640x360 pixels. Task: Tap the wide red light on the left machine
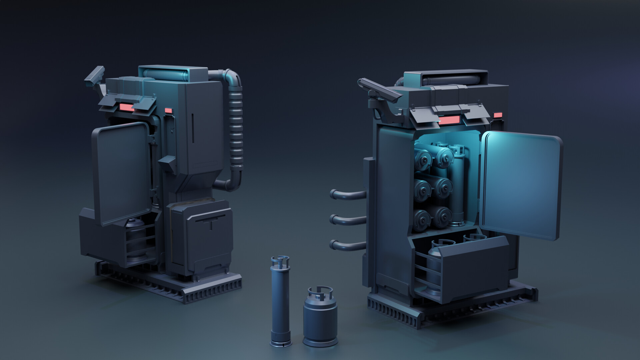127,107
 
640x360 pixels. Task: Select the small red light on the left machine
169,110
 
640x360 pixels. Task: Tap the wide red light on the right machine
450,120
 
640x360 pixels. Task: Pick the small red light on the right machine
498,115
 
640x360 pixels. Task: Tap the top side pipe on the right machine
347,194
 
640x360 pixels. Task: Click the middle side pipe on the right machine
347,219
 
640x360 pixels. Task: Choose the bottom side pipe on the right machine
347,245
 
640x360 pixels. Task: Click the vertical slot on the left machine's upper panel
192,128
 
